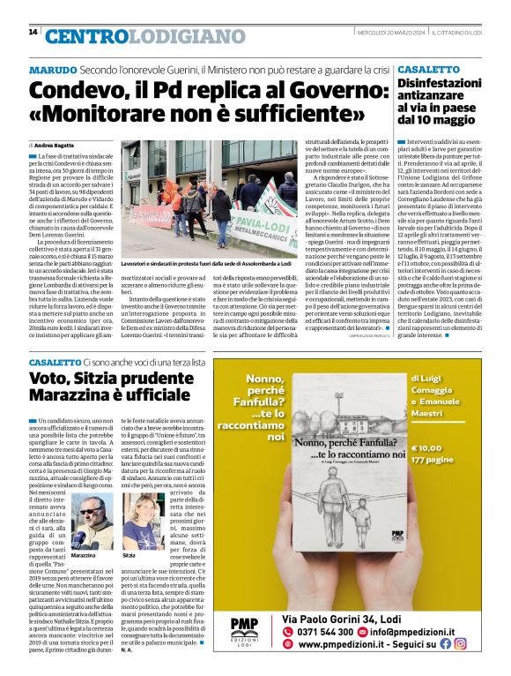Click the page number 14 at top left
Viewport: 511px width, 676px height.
(x=33, y=33)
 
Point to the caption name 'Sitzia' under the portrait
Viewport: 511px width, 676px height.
(x=129, y=557)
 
